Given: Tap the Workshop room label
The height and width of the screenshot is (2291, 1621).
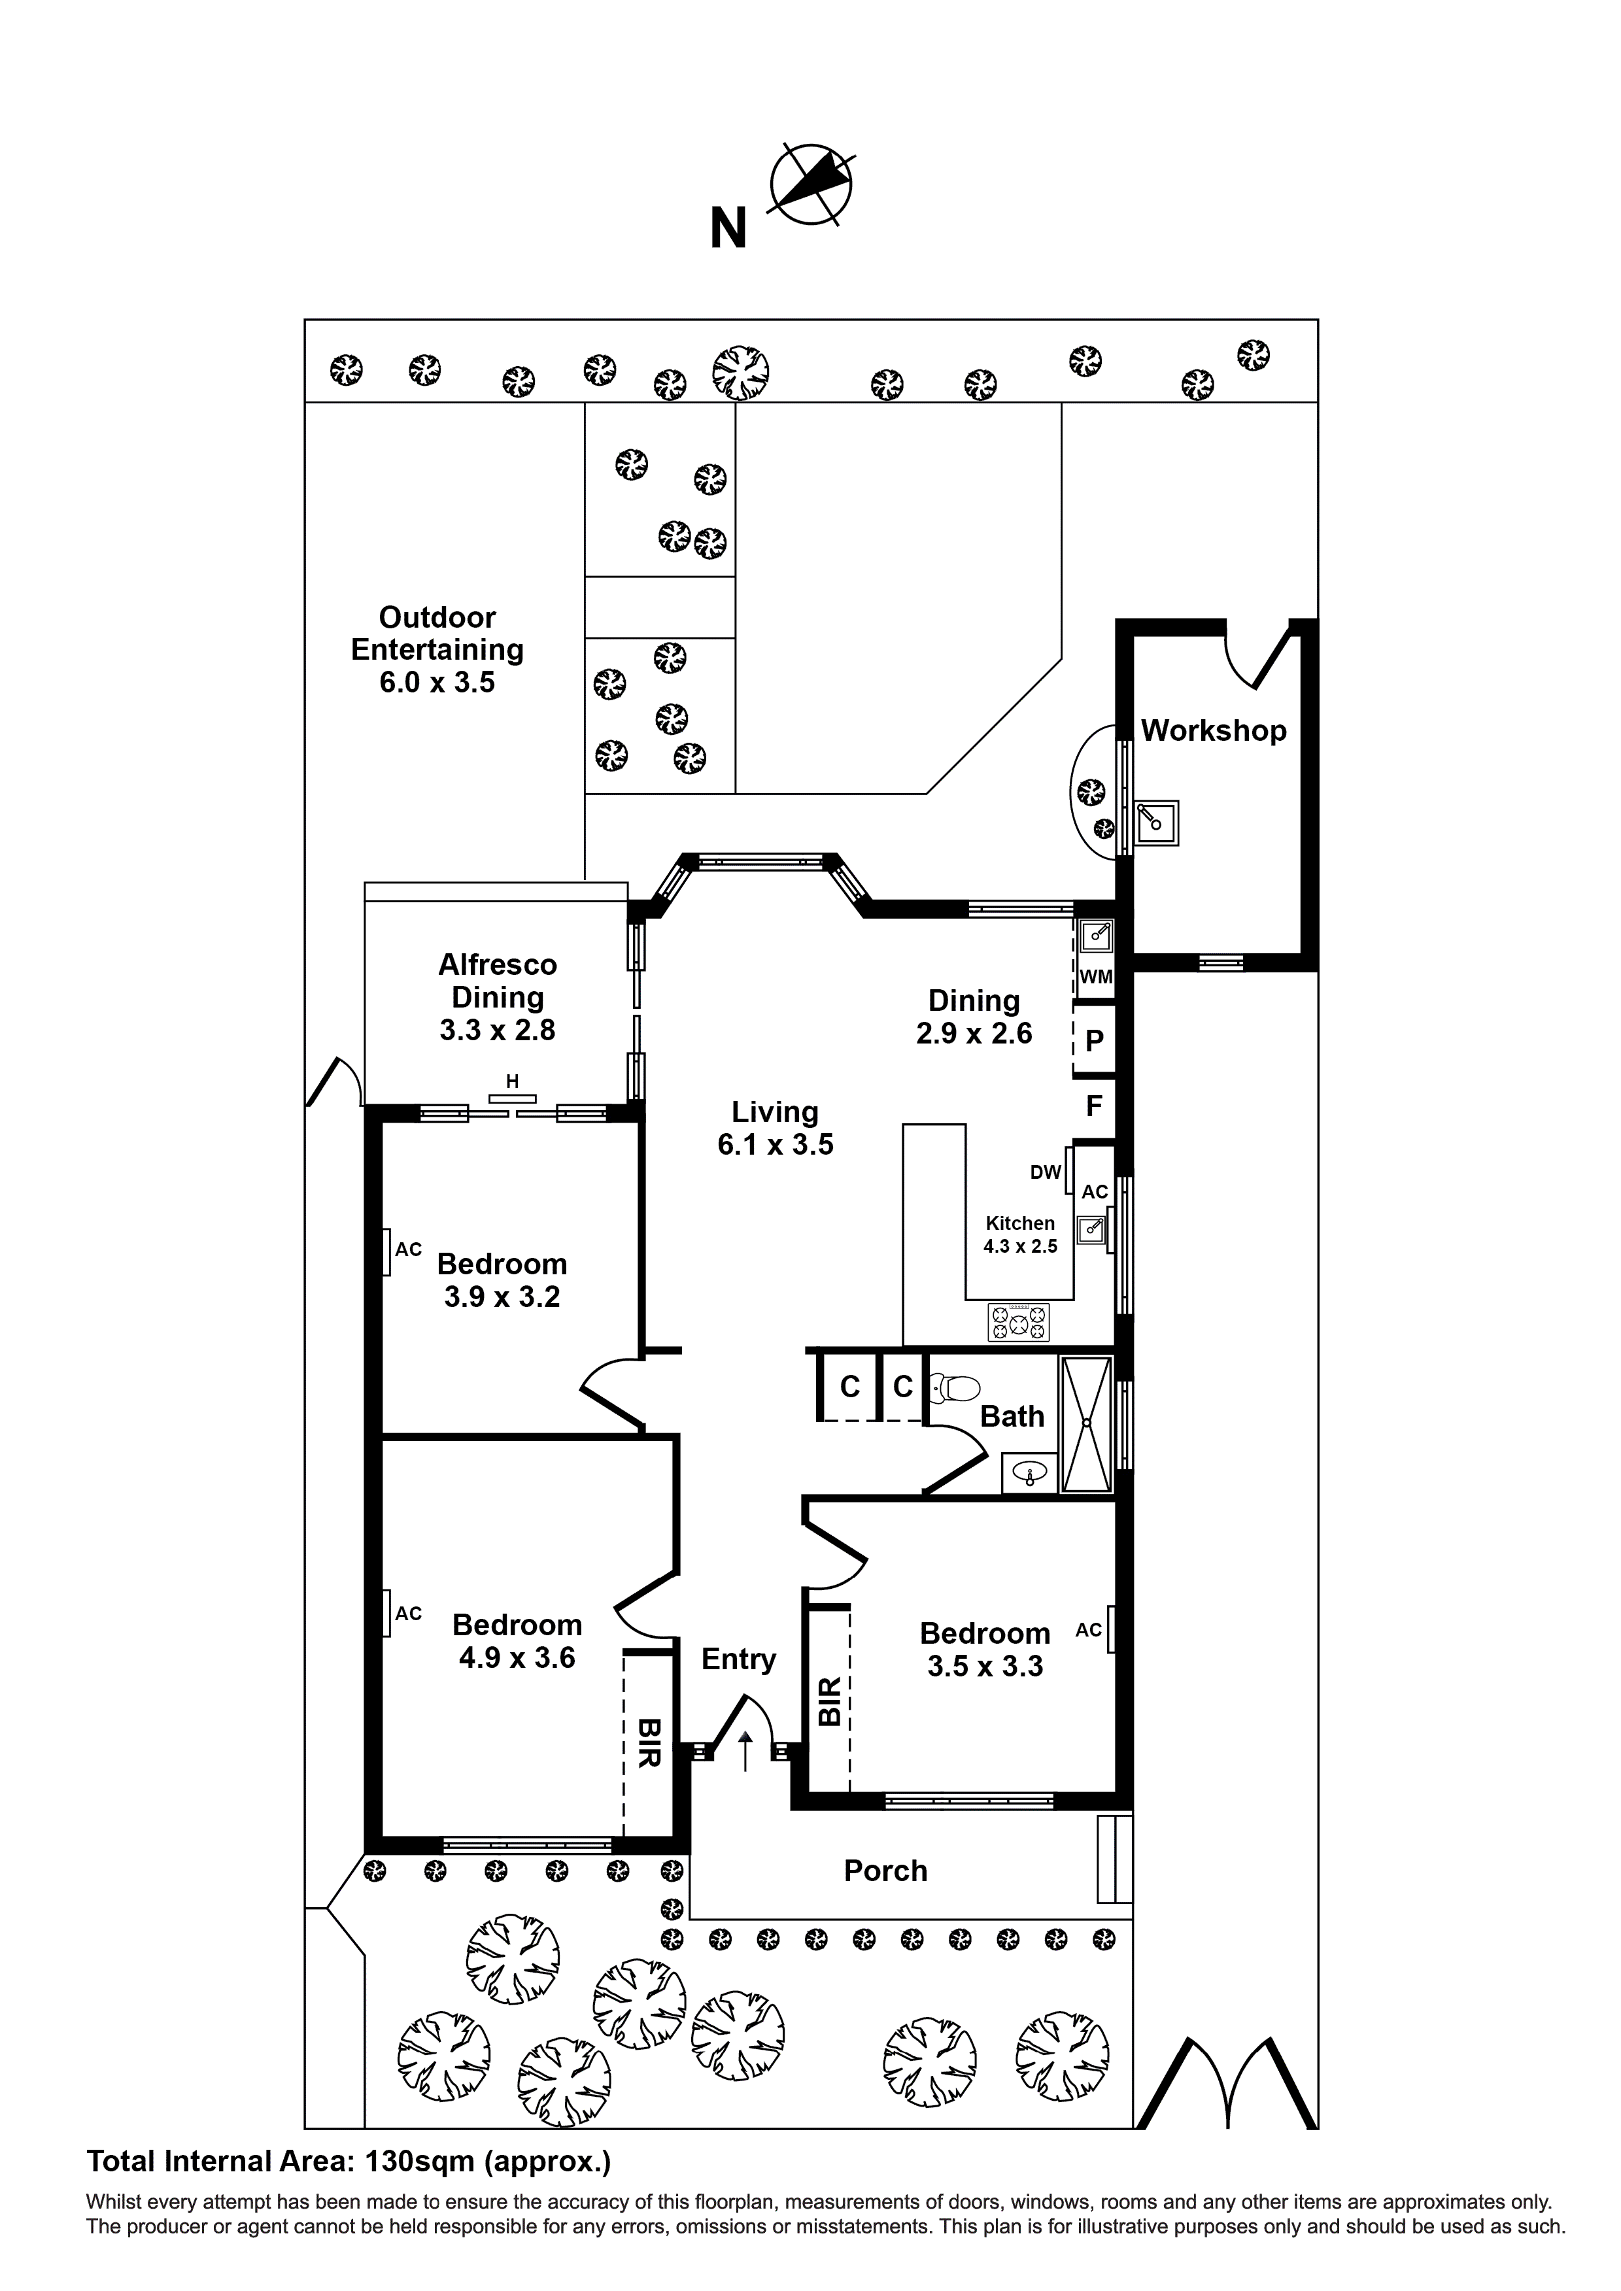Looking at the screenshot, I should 1213,730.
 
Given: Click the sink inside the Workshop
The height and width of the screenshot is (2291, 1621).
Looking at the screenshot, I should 1157,823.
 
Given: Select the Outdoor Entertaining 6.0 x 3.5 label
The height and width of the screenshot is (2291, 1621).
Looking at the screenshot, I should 437,650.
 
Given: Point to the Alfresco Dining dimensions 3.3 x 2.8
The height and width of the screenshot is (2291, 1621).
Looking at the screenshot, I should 497,1030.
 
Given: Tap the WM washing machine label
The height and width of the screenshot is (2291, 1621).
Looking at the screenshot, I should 1095,977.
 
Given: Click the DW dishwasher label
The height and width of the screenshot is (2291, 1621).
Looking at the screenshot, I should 1045,1172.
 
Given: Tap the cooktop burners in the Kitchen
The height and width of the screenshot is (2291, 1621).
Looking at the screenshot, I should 1018,1322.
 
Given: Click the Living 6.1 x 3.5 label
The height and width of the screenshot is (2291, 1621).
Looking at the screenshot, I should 775,1128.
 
